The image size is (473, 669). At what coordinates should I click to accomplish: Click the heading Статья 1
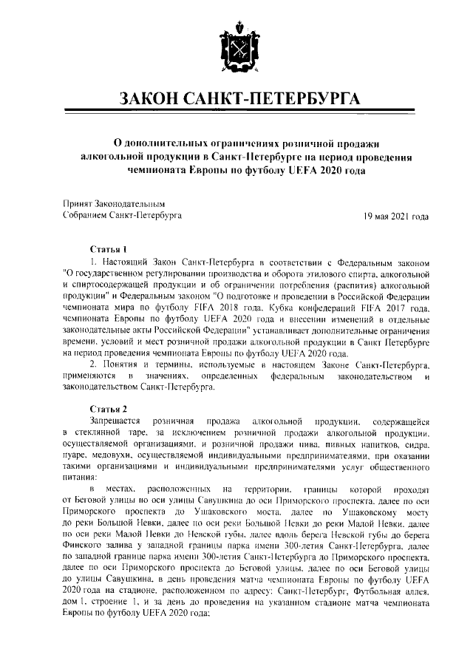coord(109,249)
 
